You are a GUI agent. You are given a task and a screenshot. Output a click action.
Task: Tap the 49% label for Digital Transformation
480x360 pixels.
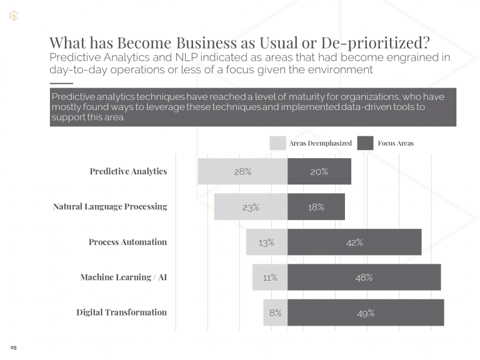click(x=366, y=313)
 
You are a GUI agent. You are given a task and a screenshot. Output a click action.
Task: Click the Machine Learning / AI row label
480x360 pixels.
click(x=123, y=277)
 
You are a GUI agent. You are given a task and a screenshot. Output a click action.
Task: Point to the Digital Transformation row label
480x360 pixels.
click(x=121, y=312)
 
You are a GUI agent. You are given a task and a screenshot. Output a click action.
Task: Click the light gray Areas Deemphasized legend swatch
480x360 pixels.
click(x=277, y=143)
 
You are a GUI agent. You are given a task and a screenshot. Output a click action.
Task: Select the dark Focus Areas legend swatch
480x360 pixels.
click(x=365, y=143)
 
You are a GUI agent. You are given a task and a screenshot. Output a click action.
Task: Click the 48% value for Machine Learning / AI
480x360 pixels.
click(x=364, y=277)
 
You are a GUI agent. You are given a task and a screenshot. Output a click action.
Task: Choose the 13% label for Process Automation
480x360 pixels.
click(x=267, y=242)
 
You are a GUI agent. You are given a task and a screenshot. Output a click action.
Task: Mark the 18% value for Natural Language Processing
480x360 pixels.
click(x=316, y=207)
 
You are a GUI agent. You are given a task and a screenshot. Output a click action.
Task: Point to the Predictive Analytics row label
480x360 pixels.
click(x=128, y=171)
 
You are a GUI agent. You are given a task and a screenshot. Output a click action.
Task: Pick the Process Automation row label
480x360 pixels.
click(x=127, y=242)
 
